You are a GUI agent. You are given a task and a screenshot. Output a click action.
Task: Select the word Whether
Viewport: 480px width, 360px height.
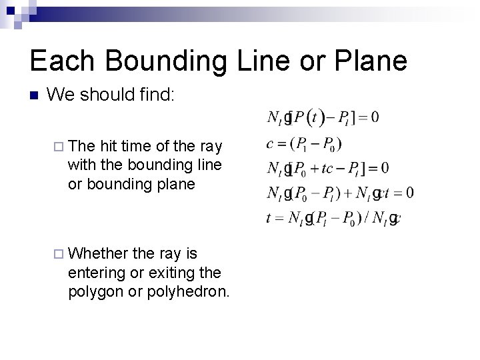pyautogui.click(x=98, y=253)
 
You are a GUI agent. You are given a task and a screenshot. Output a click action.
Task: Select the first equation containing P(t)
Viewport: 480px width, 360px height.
pyautogui.click(x=323, y=118)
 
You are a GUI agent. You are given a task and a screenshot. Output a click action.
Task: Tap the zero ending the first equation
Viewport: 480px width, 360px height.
pyautogui.click(x=375, y=118)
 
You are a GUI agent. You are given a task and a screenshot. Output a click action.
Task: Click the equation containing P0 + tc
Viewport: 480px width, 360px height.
pyautogui.click(x=327, y=167)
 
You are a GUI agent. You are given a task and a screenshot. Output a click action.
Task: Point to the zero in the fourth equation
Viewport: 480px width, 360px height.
pyautogui.click(x=409, y=193)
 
